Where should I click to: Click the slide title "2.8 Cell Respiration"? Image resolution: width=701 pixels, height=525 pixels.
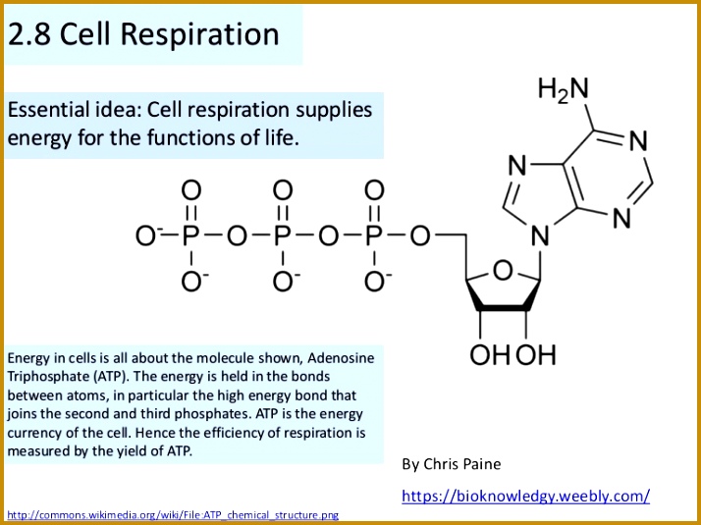point(143,34)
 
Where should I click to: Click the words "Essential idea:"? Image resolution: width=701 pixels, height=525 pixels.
point(75,110)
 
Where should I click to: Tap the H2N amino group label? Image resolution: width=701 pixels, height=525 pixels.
point(564,88)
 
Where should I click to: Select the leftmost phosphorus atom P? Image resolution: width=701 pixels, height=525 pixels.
point(190,236)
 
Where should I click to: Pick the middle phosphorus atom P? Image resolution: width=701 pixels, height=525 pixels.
point(282,236)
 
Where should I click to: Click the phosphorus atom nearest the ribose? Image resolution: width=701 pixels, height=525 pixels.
point(374,236)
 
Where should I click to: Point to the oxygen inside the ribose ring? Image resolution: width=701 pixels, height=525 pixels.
point(503,271)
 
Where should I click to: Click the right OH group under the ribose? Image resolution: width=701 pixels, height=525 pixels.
point(536,355)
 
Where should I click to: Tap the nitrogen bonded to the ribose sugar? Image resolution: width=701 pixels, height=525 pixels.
point(540,236)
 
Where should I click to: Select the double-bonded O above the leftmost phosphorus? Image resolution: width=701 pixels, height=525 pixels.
point(190,190)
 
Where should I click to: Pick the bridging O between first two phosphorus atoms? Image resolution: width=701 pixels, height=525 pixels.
point(237,236)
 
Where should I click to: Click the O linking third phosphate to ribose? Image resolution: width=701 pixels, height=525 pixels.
point(420,236)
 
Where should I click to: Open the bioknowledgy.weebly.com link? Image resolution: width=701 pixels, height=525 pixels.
point(526,496)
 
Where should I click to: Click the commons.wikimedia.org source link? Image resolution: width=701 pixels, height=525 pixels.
point(173,515)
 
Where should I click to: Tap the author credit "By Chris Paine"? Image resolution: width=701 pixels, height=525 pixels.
point(451,464)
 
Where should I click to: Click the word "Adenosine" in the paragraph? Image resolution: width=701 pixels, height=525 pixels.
point(341,358)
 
